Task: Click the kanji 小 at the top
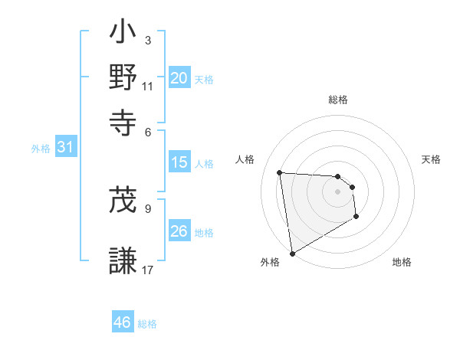(x=123, y=34)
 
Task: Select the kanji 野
(x=123, y=77)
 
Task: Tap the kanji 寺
(x=123, y=120)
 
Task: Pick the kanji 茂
(x=123, y=200)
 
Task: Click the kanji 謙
(x=123, y=260)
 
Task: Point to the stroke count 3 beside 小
(x=147, y=39)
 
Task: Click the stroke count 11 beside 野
(x=148, y=86)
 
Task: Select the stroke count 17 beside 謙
(x=148, y=269)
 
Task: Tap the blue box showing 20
(x=179, y=77)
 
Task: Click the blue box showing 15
(x=179, y=162)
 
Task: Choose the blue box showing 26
(x=179, y=231)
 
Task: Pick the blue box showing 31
(x=65, y=148)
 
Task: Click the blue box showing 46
(x=122, y=322)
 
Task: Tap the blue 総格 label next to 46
(x=147, y=324)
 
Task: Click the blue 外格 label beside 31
(x=41, y=149)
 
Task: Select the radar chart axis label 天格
(x=431, y=159)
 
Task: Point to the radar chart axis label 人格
(x=245, y=159)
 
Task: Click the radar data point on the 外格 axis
(x=292, y=254)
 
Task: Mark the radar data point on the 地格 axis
(x=356, y=218)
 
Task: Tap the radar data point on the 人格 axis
(x=280, y=172)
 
